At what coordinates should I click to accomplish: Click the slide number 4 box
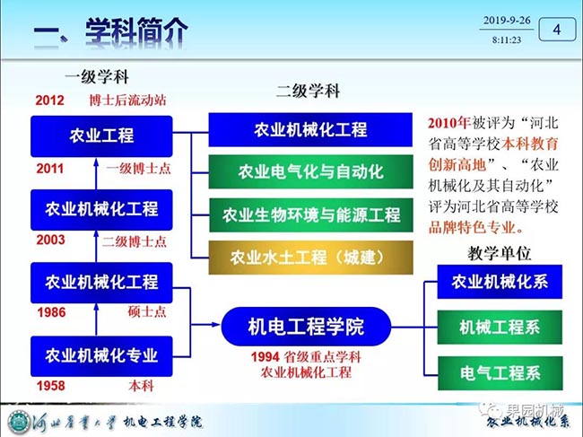[x=557, y=29]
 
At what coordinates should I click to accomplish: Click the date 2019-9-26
[x=507, y=21]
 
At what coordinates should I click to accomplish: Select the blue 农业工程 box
[x=101, y=136]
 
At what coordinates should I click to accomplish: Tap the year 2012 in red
[x=50, y=100]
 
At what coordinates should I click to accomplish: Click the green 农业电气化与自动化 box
[x=311, y=171]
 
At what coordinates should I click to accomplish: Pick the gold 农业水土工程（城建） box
[x=311, y=258]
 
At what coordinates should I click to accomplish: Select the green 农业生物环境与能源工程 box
[x=311, y=215]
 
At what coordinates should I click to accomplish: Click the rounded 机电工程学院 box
[x=306, y=327]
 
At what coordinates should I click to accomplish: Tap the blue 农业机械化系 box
[x=500, y=282]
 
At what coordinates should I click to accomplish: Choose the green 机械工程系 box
[x=500, y=328]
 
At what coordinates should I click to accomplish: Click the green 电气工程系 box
[x=500, y=373]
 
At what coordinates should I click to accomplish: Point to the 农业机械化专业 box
[x=101, y=356]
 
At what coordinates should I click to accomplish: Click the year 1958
[x=51, y=386]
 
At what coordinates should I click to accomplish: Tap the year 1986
[x=51, y=312]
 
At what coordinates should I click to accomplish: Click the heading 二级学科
[x=308, y=91]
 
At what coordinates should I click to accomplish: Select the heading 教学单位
[x=499, y=254]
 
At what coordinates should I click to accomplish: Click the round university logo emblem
[x=19, y=422]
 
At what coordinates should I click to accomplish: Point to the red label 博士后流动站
[x=127, y=100]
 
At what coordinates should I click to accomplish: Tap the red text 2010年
[x=448, y=123]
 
